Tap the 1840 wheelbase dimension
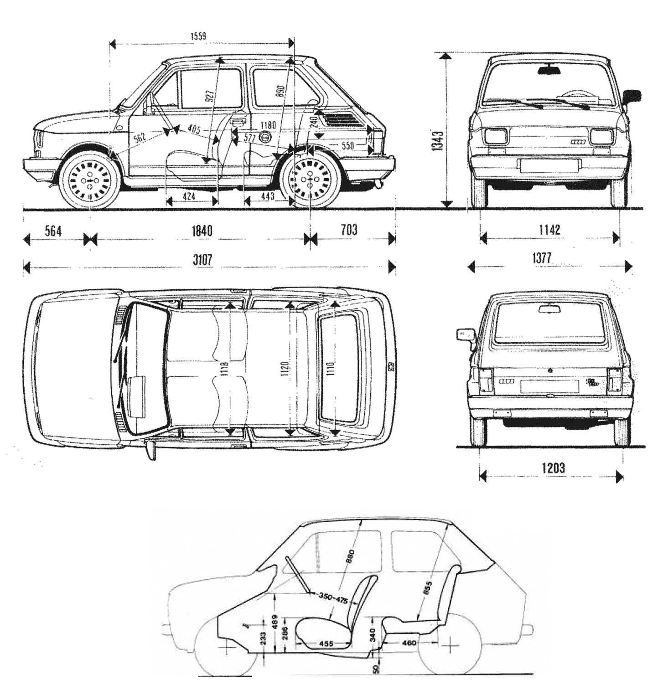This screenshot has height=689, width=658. coord(201,231)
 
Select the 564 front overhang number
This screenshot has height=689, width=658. coord(53,231)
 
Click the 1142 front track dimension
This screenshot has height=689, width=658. coord(549,230)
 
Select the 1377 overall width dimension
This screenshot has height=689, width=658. coord(543,258)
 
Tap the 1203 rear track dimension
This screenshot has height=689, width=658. coord(553,468)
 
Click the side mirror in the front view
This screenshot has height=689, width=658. coord(632,97)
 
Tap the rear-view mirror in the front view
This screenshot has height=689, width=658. coord(550,70)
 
